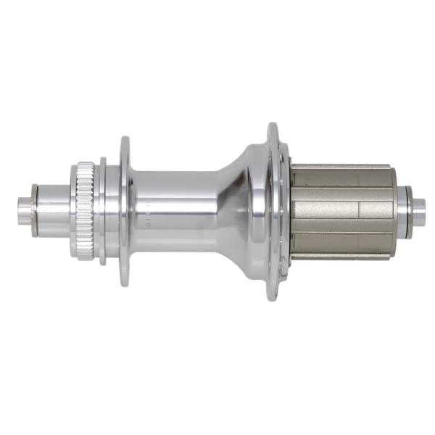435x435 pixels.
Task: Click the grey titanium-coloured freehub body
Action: click(341, 210)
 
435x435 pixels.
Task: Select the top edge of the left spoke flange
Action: click(125, 141)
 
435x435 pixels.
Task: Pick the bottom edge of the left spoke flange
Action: click(125, 281)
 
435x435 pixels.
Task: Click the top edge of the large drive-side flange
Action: click(273, 128)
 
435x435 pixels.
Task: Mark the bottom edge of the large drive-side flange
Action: click(273, 295)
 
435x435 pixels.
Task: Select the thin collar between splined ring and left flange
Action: click(104, 210)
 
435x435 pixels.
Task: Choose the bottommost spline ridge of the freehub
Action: click(341, 254)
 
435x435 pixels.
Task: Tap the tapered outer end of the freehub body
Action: click(391, 210)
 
